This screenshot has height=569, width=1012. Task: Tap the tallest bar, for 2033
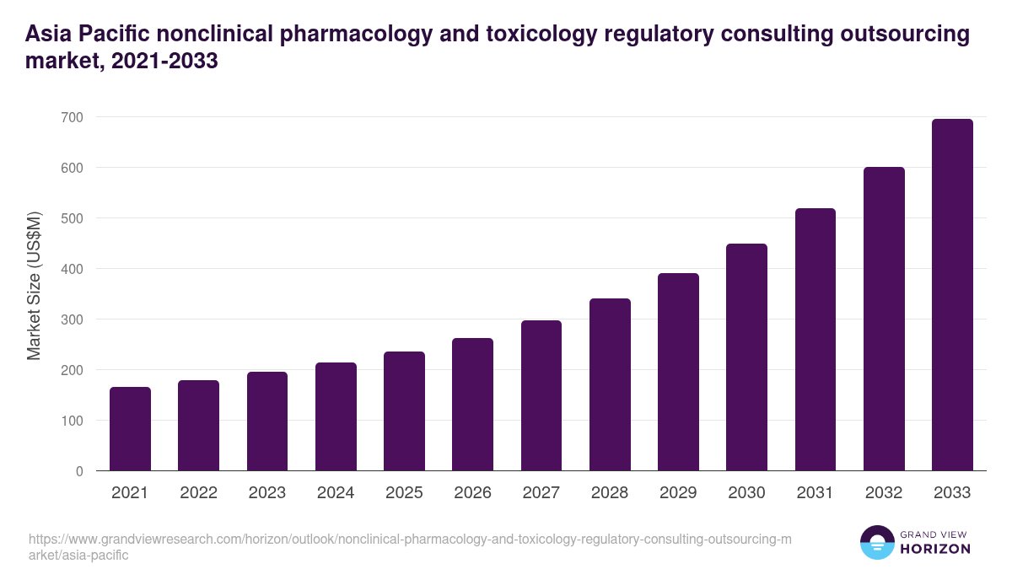tap(952, 294)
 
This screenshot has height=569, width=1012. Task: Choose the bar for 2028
tap(610, 384)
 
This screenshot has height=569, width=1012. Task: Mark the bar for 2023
tap(267, 421)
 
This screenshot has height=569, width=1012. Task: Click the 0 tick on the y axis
tap(79, 471)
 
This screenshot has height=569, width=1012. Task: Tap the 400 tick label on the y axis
tap(73, 269)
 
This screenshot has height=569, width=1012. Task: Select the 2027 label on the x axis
tap(541, 493)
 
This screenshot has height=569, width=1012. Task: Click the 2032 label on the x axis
tap(884, 493)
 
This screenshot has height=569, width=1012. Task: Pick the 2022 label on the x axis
tap(198, 493)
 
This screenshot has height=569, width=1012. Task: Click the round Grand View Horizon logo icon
tap(876, 542)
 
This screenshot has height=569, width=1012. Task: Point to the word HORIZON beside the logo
tap(935, 549)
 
